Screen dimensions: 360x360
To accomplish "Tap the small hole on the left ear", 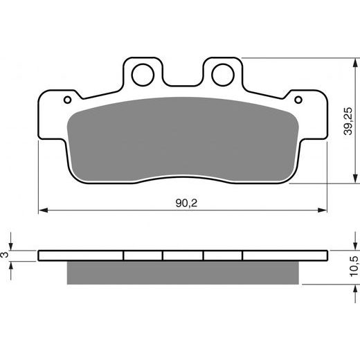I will coord(67,100).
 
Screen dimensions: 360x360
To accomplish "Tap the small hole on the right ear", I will coord(298,100).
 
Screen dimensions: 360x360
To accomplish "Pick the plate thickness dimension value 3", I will coord(7,255).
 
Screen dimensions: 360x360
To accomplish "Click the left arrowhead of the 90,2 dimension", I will coord(42,208).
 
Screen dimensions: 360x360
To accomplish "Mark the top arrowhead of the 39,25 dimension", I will coord(339,62).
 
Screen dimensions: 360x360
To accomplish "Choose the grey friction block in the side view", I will coord(182,272).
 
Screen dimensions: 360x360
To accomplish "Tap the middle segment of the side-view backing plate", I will coord(183,255).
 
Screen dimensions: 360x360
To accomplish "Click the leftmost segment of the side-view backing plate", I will coord(81,255).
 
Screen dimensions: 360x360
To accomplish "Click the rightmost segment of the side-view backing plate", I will coord(284,255).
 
